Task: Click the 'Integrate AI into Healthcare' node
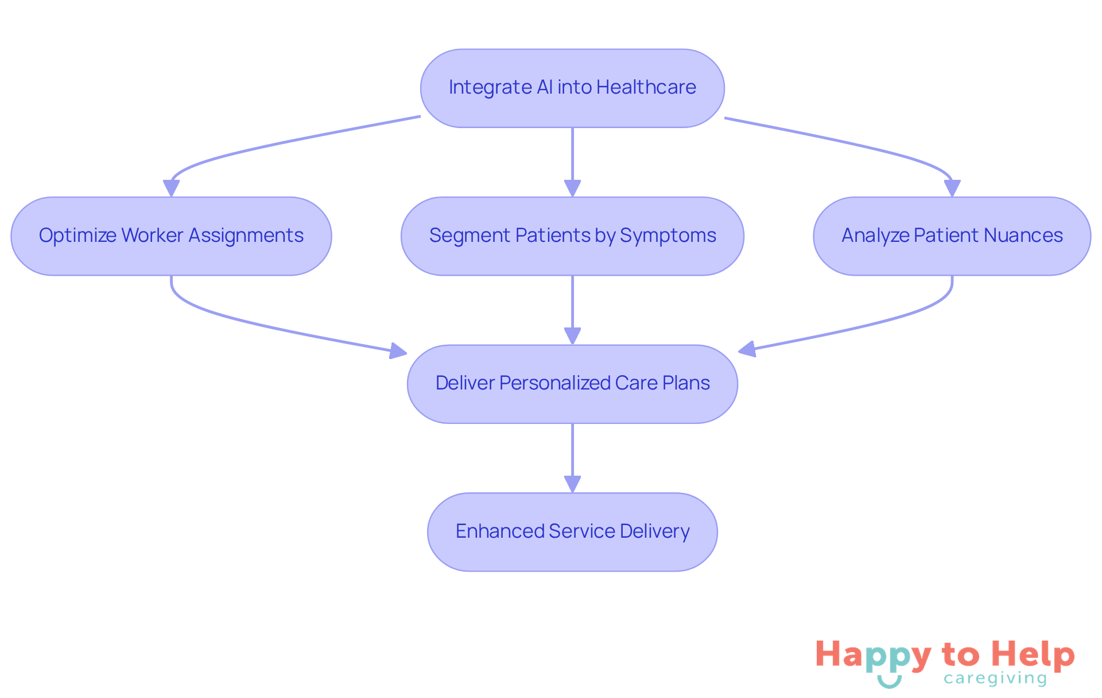572,88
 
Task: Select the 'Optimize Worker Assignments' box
171,236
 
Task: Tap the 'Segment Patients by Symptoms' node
572,236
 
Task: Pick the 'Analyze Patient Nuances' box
952,236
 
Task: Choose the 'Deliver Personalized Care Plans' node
572,384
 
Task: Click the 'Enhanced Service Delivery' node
572,531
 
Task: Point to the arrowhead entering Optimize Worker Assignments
171,188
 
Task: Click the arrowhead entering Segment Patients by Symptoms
572,188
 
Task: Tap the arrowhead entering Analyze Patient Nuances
952,188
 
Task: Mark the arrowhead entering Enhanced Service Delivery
572,484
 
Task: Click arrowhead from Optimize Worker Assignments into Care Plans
398,351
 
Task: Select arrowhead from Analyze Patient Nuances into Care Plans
747,349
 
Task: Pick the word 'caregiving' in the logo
995,679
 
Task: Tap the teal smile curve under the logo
889,682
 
